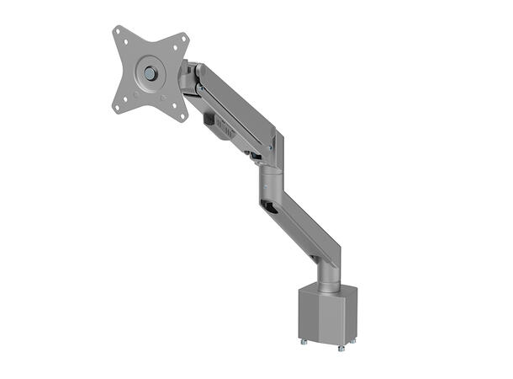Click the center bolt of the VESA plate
(x=150, y=73)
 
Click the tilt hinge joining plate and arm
(x=188, y=79)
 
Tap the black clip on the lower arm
(x=269, y=208)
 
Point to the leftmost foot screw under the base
(x=299, y=342)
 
